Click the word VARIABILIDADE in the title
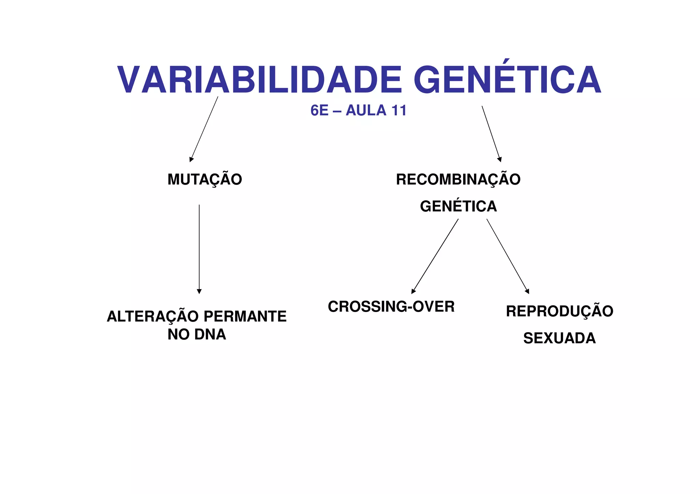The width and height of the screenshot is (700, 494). (259, 80)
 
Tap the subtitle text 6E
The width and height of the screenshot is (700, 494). (320, 111)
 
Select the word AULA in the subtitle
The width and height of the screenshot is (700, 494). (366, 111)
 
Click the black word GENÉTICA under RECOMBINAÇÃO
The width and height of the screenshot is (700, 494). (458, 206)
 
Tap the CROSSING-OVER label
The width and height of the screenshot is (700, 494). (391, 307)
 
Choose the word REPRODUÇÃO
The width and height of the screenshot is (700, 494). (560, 311)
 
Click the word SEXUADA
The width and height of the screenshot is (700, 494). (560, 338)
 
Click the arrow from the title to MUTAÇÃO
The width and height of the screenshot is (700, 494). (204, 129)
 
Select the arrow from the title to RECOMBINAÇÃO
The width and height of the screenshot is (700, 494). (492, 134)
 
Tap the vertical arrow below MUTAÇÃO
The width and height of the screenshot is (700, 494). (199, 249)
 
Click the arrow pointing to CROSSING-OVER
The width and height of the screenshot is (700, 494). (435, 256)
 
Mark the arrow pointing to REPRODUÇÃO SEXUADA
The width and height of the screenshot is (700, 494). (508, 256)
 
